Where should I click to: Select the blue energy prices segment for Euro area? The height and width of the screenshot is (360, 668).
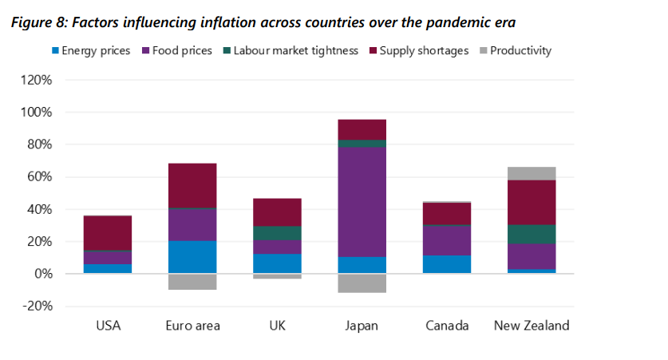(x=192, y=256)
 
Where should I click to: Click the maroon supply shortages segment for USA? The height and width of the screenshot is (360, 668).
(x=108, y=233)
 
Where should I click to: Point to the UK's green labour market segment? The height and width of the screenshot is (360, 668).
(x=278, y=233)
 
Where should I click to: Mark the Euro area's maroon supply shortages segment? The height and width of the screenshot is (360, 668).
(x=192, y=185)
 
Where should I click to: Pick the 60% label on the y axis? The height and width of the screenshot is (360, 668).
(x=39, y=177)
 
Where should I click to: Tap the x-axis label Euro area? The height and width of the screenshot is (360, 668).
(x=192, y=326)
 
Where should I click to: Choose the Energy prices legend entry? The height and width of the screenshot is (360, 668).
(x=96, y=51)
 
